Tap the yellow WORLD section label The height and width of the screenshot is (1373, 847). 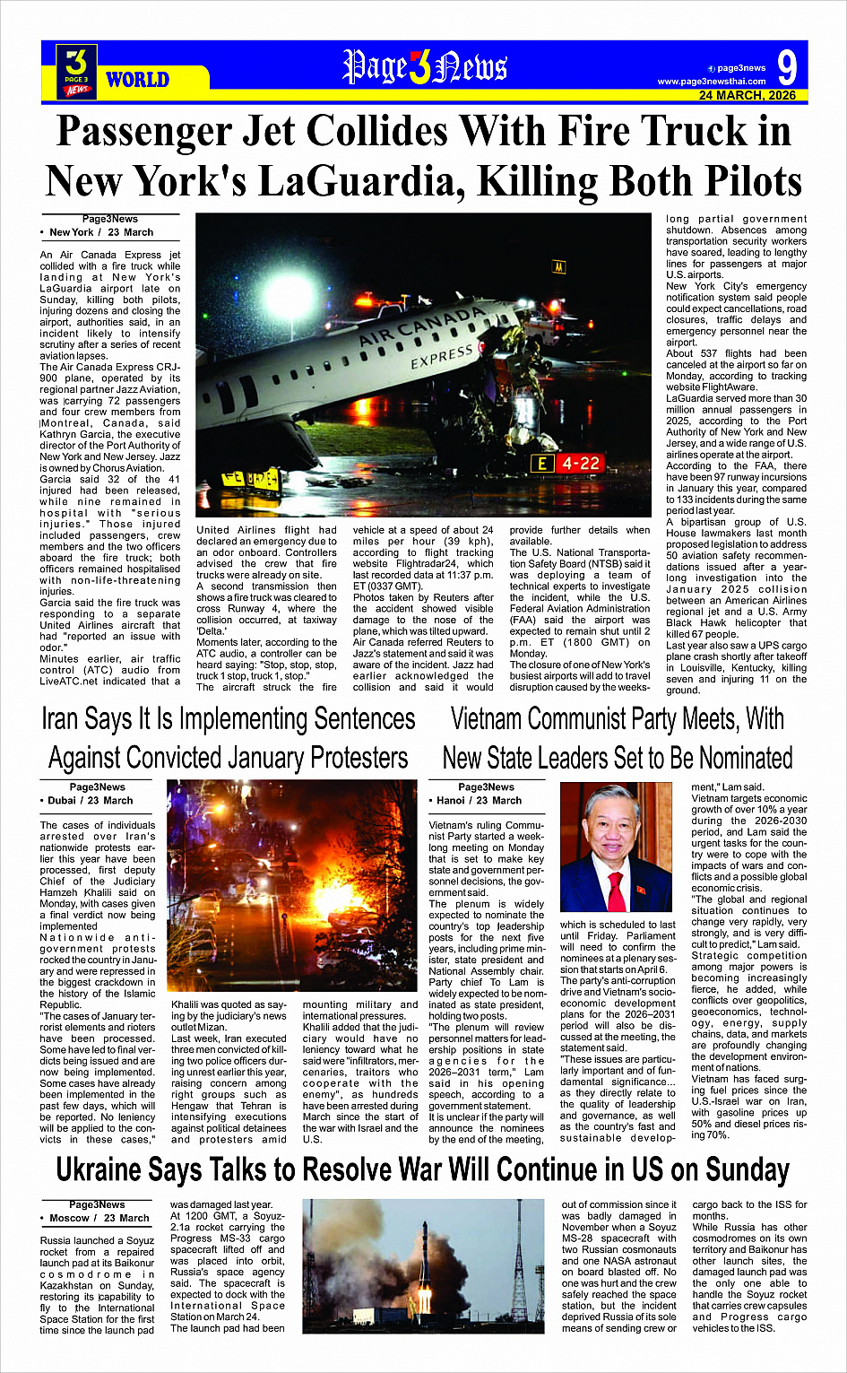tap(137, 80)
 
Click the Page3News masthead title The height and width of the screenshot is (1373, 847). tap(425, 67)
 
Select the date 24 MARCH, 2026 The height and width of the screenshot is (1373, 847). tap(748, 95)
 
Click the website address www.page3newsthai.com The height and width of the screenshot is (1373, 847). tap(712, 82)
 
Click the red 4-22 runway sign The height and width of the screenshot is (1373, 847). tap(578, 464)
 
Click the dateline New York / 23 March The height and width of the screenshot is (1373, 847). tap(101, 232)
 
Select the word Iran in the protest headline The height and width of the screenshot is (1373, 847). tap(60, 719)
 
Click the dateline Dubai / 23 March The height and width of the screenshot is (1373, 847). tap(90, 801)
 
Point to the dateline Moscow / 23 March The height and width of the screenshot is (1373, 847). tap(99, 1219)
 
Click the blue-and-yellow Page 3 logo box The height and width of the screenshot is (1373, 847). tap(77, 70)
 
